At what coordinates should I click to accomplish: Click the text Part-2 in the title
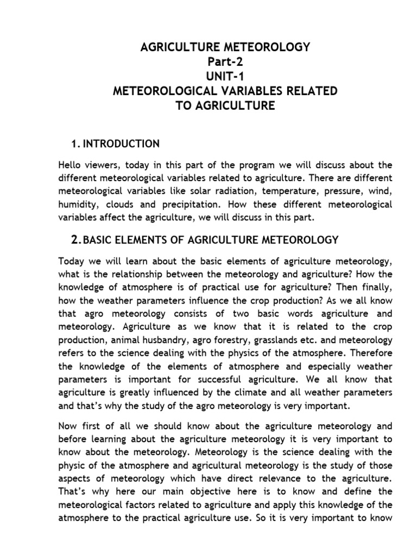click(225, 61)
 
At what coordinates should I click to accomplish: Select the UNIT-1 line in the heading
click(225, 76)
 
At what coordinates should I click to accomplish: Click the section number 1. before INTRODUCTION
click(75, 144)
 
